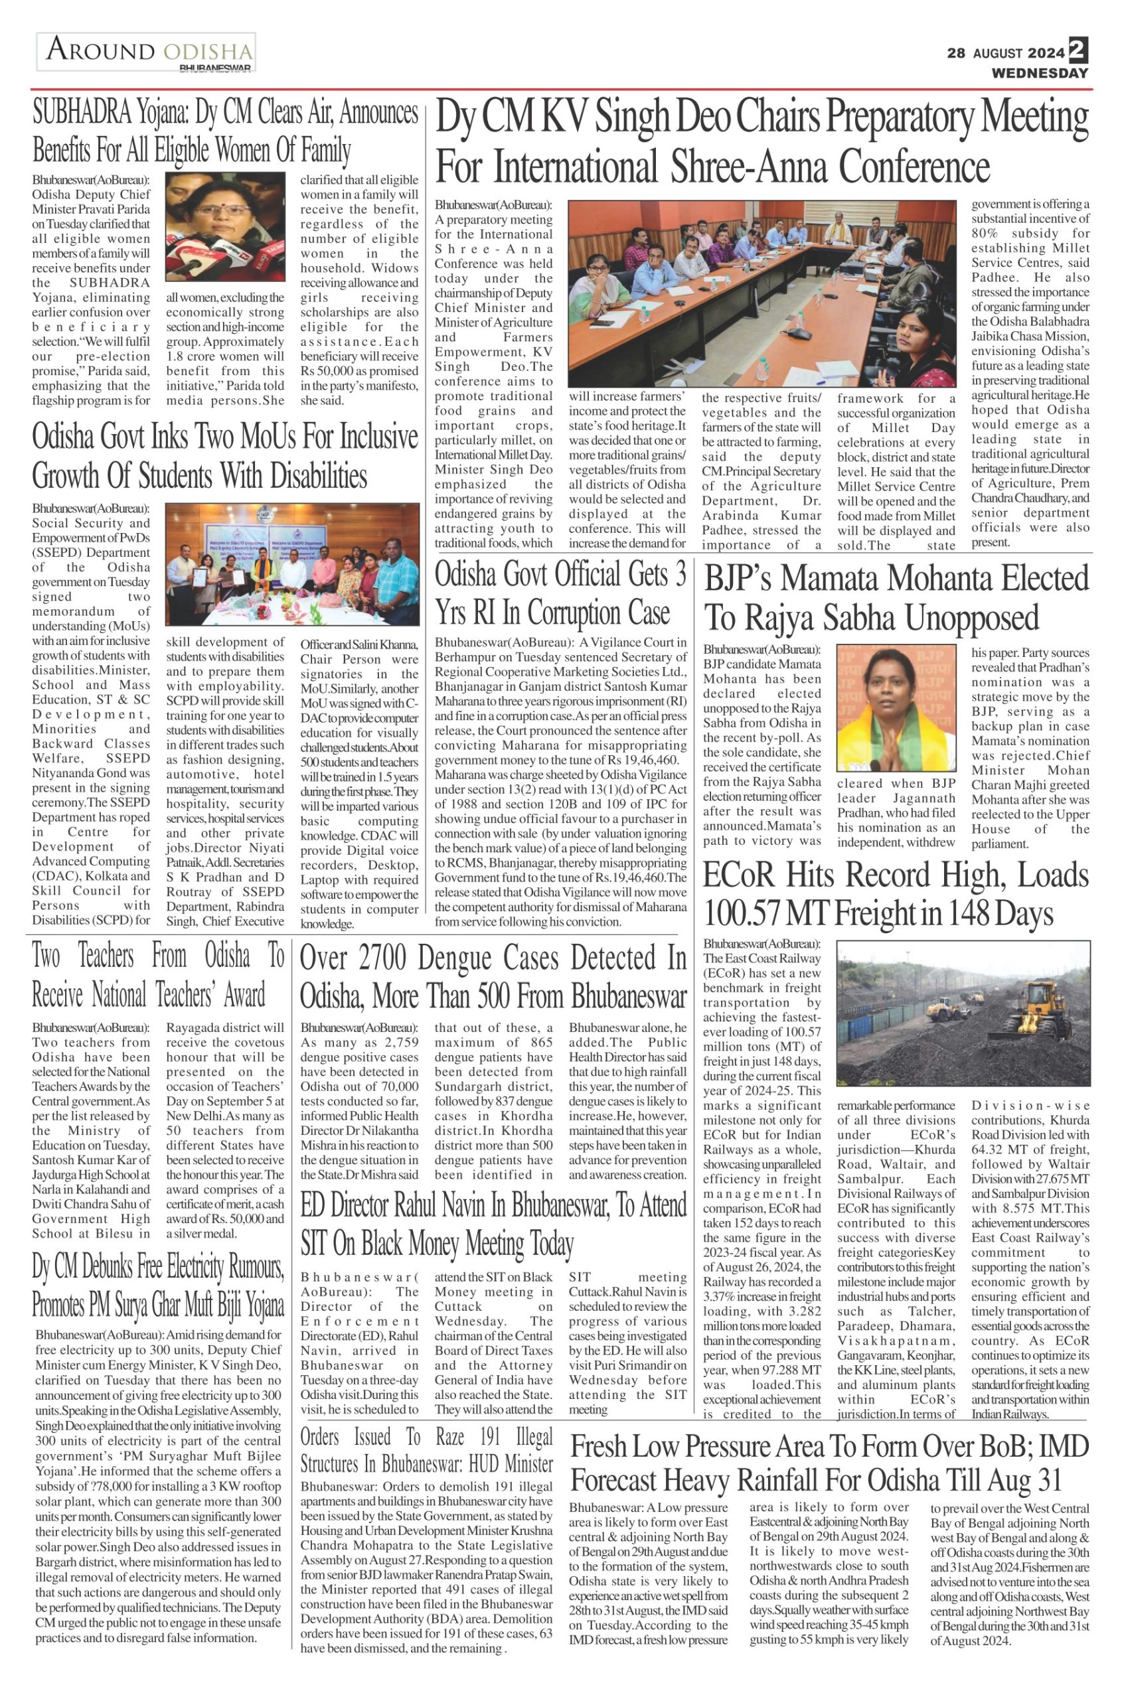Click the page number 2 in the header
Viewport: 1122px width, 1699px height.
click(x=1078, y=50)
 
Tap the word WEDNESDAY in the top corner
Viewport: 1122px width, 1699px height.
click(x=1039, y=73)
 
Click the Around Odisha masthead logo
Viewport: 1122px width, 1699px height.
click(x=147, y=54)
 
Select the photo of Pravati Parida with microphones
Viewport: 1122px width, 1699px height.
click(x=226, y=227)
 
